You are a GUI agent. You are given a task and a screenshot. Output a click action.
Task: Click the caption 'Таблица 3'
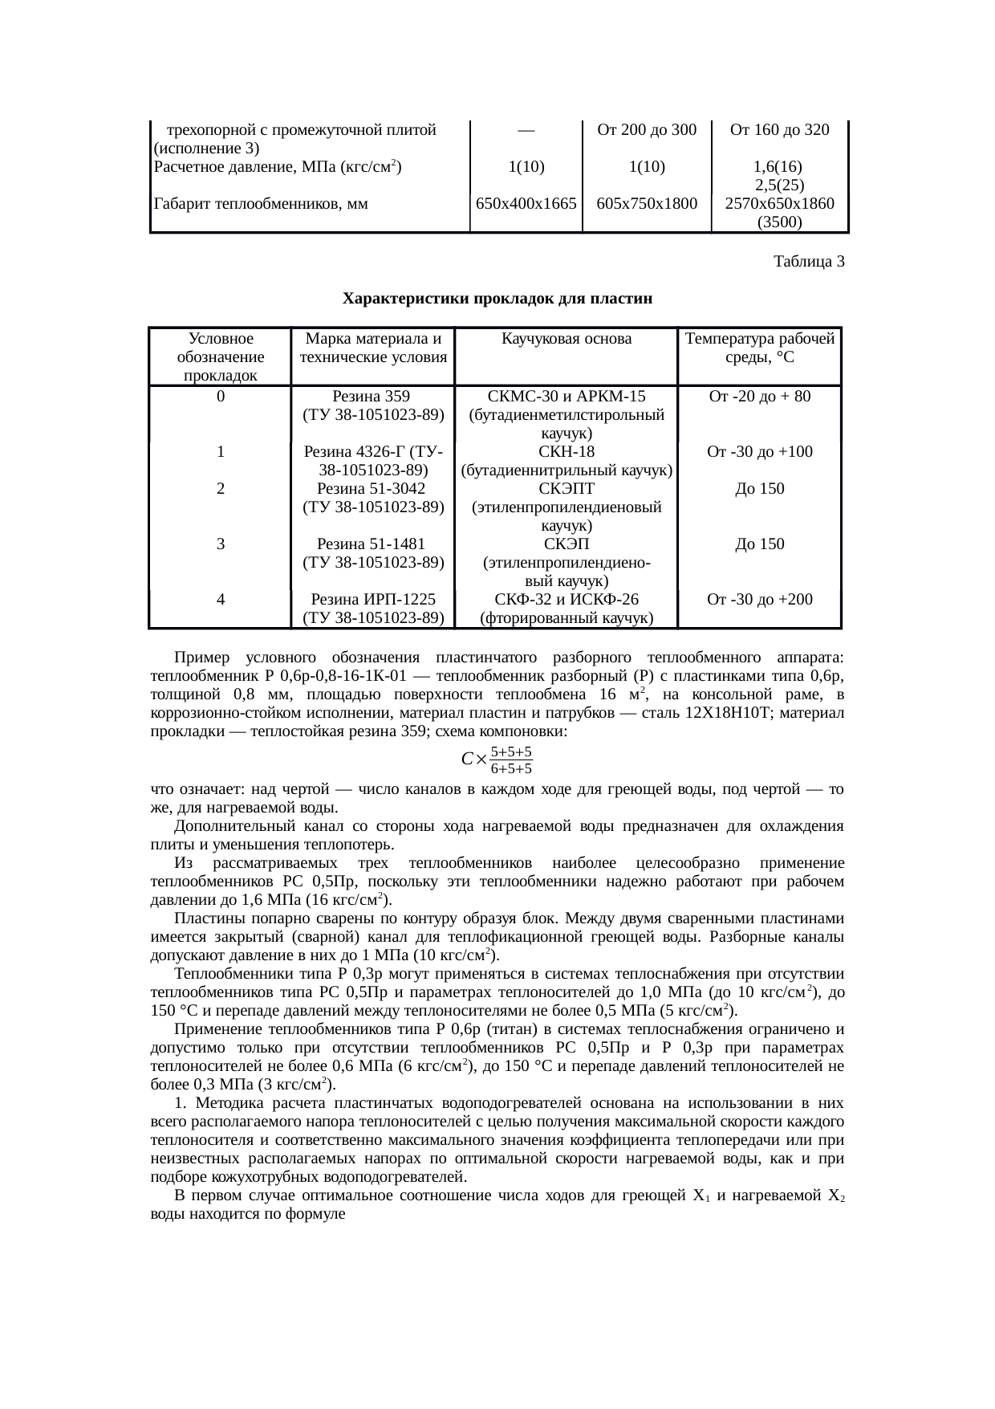(x=808, y=262)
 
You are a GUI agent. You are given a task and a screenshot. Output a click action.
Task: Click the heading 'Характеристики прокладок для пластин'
(x=497, y=299)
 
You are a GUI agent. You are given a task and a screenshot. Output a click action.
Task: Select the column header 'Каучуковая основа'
(x=566, y=339)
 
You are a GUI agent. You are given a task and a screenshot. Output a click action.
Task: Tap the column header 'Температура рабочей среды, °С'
(x=759, y=348)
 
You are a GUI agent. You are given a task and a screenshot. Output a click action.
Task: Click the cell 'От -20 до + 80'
(x=759, y=396)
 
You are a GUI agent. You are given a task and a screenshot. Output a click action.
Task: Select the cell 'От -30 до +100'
(x=759, y=451)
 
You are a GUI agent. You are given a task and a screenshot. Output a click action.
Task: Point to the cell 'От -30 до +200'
(x=759, y=599)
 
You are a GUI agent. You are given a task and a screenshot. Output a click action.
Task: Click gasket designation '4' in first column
(x=220, y=599)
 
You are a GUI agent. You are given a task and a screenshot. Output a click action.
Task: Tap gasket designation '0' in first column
(x=220, y=396)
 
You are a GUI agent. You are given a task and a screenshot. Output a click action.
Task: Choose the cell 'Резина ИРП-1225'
(x=373, y=599)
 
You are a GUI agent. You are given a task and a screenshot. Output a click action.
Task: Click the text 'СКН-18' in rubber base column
(x=566, y=451)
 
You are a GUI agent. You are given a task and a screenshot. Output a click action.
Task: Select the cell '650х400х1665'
(x=526, y=204)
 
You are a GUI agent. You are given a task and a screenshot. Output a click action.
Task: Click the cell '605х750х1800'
(x=647, y=204)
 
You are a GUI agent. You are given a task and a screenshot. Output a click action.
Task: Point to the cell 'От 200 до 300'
(x=647, y=130)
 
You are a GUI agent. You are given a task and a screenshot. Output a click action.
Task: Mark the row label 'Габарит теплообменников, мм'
(x=260, y=204)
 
